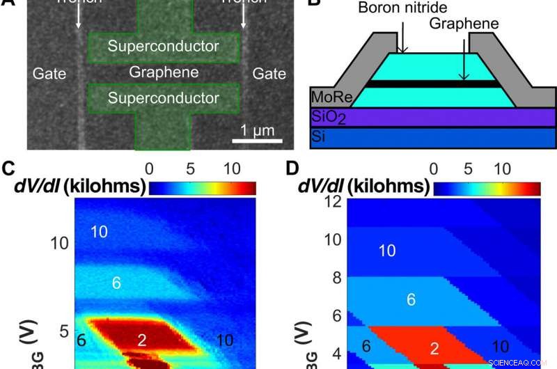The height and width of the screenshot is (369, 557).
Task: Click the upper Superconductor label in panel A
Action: tap(164, 47)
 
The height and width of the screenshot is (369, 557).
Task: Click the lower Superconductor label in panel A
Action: tap(164, 97)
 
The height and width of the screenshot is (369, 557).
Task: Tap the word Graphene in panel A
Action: tap(164, 72)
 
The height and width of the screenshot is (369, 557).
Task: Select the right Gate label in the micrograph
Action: tap(269, 72)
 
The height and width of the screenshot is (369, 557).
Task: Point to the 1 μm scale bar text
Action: tap(253, 129)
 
